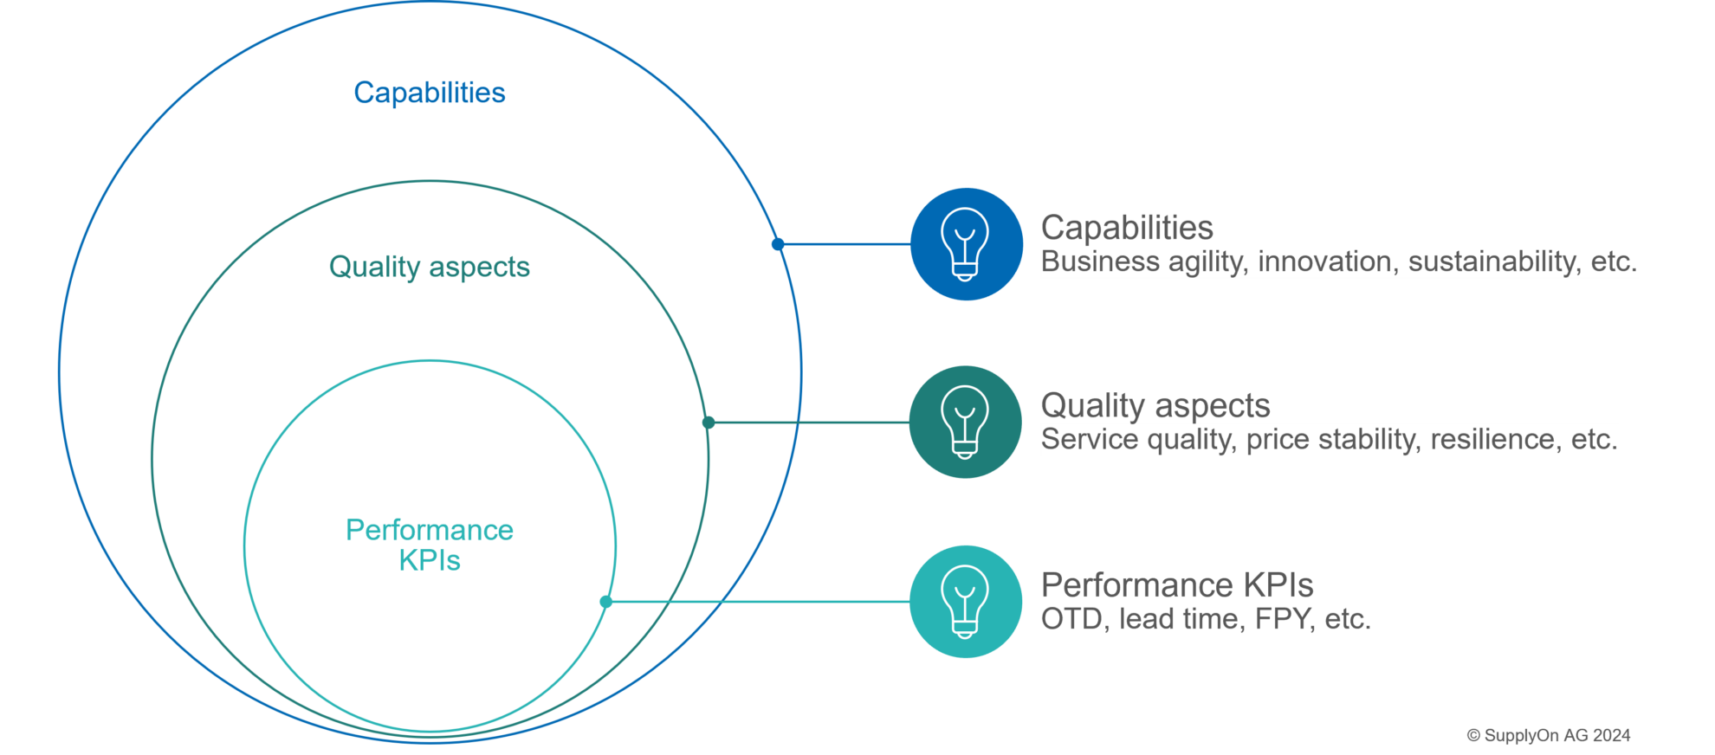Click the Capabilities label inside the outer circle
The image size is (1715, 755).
coord(429,93)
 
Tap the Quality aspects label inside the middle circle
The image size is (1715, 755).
coord(429,267)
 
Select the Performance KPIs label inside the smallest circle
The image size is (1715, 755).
coord(429,545)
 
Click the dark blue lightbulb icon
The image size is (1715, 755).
coord(966,244)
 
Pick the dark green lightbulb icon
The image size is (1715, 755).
coord(965,423)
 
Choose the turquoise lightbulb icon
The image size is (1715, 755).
coord(965,602)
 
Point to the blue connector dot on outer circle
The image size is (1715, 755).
coord(778,244)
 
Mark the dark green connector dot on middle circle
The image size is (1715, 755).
coord(709,423)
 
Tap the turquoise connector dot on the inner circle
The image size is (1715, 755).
coord(606,602)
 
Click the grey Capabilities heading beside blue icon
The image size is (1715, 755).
coord(1126,228)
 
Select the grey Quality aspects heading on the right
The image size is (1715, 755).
coord(1155,405)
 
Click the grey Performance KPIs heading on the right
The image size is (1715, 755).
coord(1176,585)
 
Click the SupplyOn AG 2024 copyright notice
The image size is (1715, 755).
coord(1548,736)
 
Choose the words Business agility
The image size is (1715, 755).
coord(1143,261)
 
